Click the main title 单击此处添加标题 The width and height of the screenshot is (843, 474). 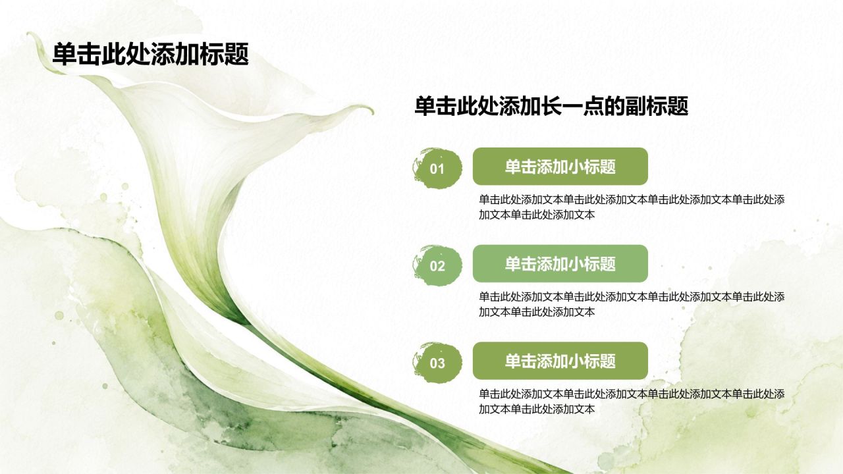151,54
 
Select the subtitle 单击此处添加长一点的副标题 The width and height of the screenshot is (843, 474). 551,106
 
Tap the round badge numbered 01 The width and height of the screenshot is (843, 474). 437,168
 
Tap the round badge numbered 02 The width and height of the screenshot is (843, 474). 437,265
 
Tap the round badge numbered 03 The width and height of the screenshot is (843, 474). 437,363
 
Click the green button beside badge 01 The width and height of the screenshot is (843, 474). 560,167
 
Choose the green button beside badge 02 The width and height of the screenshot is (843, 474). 560,264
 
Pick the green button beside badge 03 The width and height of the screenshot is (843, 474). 560,361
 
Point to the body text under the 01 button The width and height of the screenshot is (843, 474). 632,207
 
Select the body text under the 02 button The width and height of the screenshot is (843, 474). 632,304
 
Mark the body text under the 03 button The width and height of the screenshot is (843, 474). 632,402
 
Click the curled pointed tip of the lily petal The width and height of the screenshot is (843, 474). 373,112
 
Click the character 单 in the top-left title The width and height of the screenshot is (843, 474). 64,54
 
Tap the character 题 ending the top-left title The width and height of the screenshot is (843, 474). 236,54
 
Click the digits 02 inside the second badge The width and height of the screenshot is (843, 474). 437,267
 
